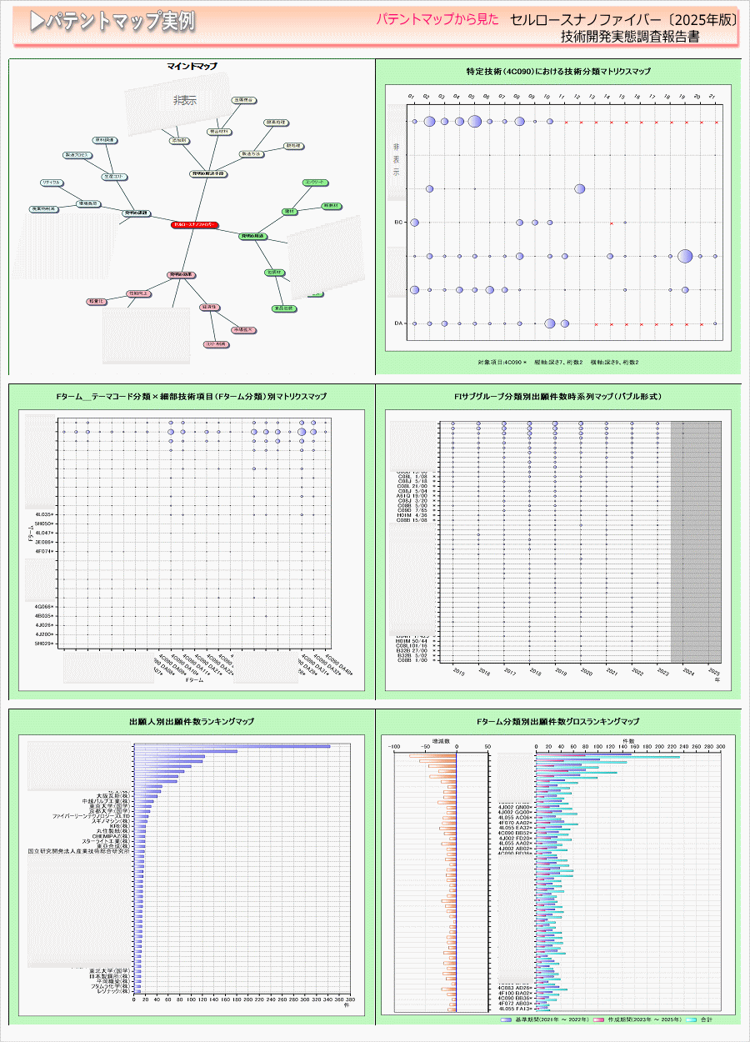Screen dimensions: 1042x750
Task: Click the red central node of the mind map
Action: click(194, 225)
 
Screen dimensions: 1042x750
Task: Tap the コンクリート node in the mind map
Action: click(315, 182)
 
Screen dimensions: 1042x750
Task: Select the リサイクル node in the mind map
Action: click(51, 183)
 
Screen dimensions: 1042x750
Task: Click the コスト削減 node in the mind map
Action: click(216, 343)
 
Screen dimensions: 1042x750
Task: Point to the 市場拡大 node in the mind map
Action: click(244, 330)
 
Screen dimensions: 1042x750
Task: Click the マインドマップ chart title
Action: click(192, 65)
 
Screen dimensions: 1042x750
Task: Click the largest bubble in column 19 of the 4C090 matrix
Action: click(685, 256)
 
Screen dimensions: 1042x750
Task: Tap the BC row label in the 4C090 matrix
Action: click(399, 223)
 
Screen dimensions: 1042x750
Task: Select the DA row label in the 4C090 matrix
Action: click(399, 323)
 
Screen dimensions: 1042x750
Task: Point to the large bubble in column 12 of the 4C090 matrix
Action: click(579, 188)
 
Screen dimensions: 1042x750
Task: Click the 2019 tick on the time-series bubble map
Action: click(560, 673)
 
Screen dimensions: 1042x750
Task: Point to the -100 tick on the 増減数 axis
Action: click(395, 747)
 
